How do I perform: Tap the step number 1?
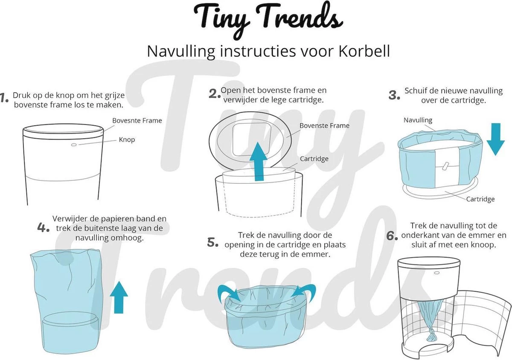(5, 98)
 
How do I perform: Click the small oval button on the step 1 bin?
(73, 145)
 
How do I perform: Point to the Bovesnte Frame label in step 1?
(137, 121)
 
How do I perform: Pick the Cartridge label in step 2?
(314, 159)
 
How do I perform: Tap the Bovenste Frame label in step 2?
(324, 126)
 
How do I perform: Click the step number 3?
(394, 96)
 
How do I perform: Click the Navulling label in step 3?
(418, 120)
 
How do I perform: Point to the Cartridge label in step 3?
(480, 199)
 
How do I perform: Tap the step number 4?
(44, 227)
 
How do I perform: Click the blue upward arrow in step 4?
(119, 297)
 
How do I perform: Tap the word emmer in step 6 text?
(486, 235)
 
